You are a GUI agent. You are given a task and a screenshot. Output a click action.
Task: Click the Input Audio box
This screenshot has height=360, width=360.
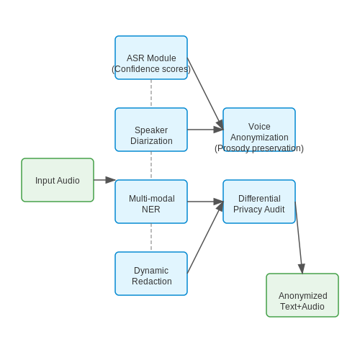coord(58,180)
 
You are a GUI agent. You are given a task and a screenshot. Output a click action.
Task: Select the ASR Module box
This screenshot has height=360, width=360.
coord(151,58)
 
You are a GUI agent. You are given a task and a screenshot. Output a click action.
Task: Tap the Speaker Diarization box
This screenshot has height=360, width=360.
coord(151,130)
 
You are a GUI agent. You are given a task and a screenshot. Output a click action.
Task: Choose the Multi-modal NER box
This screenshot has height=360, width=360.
coord(151,202)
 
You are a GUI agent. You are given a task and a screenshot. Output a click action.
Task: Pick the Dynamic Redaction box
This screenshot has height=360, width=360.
coord(151,274)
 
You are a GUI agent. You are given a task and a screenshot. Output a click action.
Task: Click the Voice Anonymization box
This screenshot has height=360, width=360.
coord(259,130)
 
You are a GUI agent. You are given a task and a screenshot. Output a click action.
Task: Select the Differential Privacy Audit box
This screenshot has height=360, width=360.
coord(259,202)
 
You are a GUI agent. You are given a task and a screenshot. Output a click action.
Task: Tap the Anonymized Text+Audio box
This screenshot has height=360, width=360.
coord(302,295)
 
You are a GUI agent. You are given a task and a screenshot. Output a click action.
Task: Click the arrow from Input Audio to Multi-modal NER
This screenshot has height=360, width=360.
coord(104,180)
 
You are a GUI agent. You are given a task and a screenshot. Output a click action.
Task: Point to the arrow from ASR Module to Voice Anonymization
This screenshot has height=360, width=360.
coord(205,94)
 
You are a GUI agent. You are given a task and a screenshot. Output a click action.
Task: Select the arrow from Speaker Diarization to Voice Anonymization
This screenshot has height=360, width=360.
coord(205,130)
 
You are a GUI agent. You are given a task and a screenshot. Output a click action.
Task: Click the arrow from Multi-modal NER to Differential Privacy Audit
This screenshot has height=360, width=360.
coord(205,202)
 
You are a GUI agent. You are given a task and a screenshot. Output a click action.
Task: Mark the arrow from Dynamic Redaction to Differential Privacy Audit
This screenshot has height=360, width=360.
coord(205,238)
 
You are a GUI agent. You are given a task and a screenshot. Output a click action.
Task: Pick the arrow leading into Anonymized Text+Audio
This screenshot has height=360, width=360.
coord(299,238)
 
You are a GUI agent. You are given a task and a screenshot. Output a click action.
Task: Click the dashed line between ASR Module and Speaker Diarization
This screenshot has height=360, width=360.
coord(151,94)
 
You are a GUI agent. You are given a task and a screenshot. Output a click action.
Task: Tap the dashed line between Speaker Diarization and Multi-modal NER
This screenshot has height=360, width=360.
coord(151,166)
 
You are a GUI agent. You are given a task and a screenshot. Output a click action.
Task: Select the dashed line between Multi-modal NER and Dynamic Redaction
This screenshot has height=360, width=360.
coord(151,238)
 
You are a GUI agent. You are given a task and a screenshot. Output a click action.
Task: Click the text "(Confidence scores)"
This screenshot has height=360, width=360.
coord(151,69)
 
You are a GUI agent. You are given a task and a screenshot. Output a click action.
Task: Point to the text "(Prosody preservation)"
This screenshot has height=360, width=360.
coord(259,148)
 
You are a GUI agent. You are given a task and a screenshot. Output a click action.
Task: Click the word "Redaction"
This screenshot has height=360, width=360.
coord(152,282)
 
